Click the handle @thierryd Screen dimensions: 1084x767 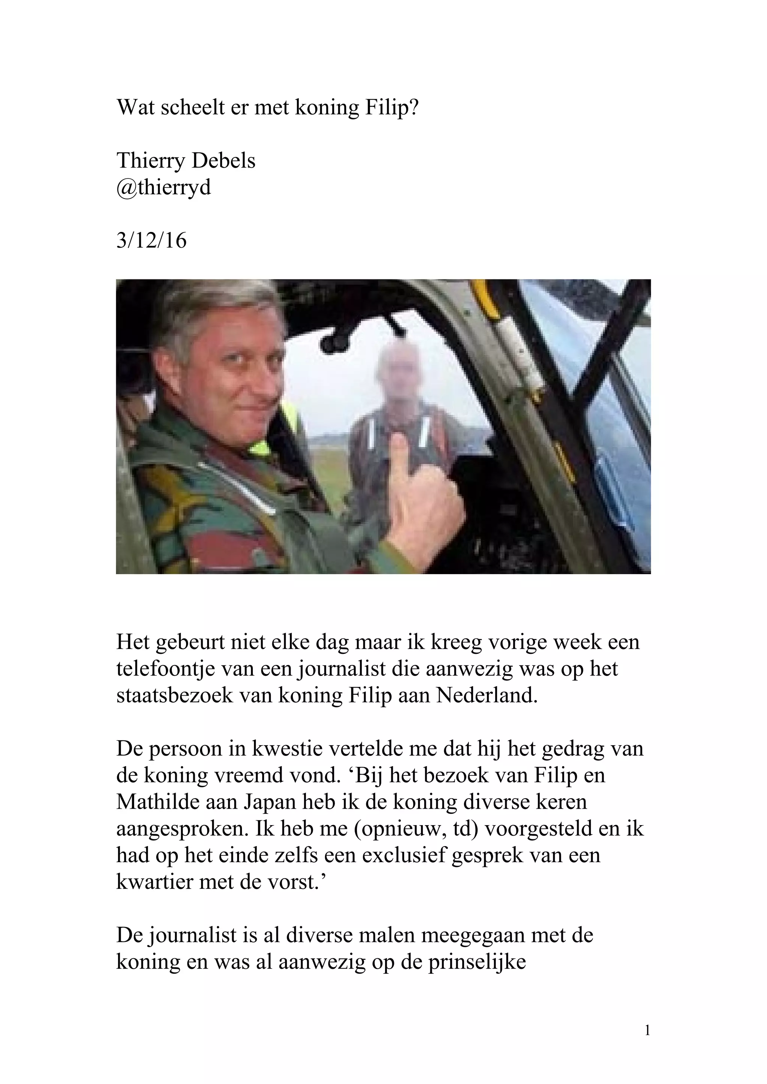(164, 187)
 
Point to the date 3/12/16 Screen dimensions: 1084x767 (151, 241)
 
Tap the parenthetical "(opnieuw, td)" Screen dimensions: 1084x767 (416, 829)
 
